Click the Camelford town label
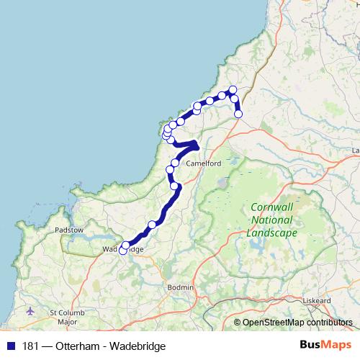(x=204, y=163)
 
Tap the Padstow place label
(x=70, y=230)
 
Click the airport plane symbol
(x=30, y=312)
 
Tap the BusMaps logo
(x=325, y=346)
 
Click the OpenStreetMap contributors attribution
(x=297, y=323)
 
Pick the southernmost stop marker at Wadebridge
(x=122, y=250)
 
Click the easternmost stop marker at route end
(x=238, y=114)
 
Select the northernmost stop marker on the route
(x=233, y=89)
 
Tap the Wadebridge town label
(x=123, y=250)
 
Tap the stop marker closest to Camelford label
(x=175, y=163)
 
